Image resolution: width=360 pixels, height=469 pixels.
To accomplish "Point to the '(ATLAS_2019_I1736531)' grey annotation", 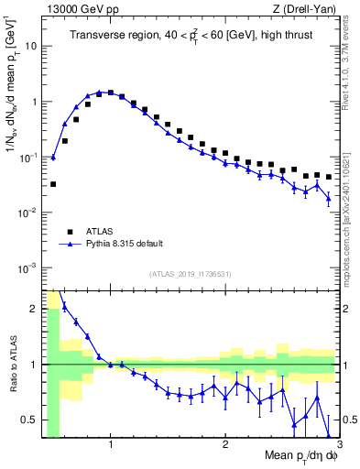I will click(190, 274).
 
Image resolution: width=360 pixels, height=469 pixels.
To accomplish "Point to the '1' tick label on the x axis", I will click(110, 443).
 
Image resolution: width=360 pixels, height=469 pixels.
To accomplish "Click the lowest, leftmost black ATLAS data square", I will click(53, 184).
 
